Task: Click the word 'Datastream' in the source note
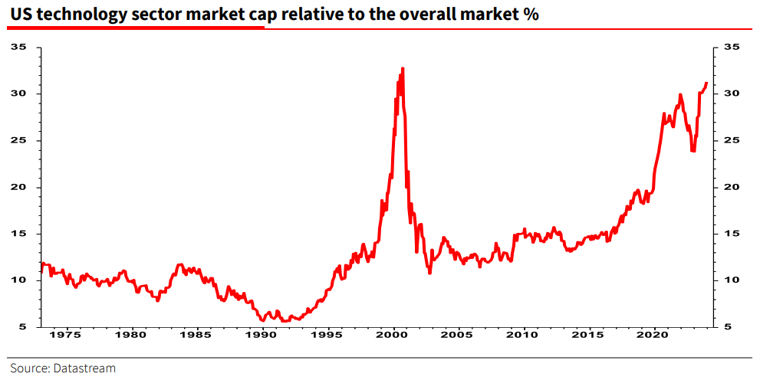(84, 369)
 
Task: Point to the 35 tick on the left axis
(20, 47)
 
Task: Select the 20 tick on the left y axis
(20, 188)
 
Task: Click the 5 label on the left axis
(23, 327)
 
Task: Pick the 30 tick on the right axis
(732, 94)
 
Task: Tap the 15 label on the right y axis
(732, 234)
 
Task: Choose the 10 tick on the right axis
(732, 280)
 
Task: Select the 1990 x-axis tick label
(262, 335)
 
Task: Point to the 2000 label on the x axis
(393, 335)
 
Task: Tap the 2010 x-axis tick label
(524, 335)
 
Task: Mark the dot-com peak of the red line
(403, 68)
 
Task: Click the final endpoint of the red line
(706, 83)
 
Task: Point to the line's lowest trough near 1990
(262, 321)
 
